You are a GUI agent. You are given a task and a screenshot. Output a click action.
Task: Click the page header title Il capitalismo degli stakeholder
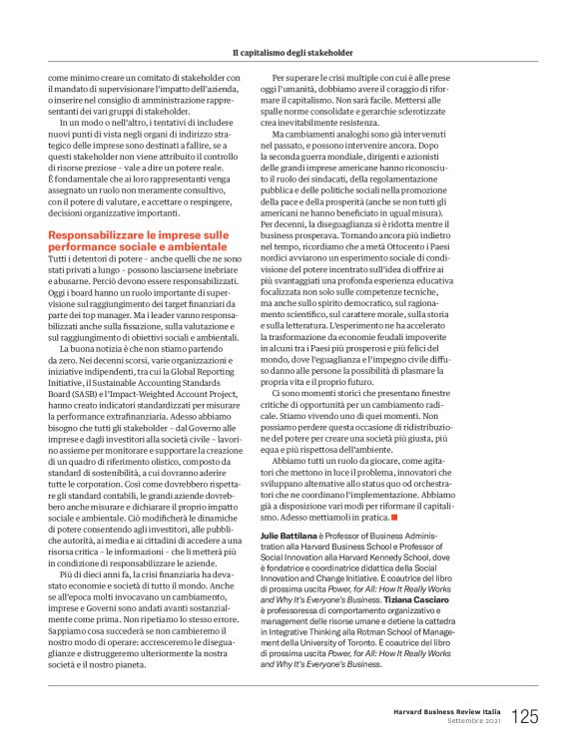[289, 51]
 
